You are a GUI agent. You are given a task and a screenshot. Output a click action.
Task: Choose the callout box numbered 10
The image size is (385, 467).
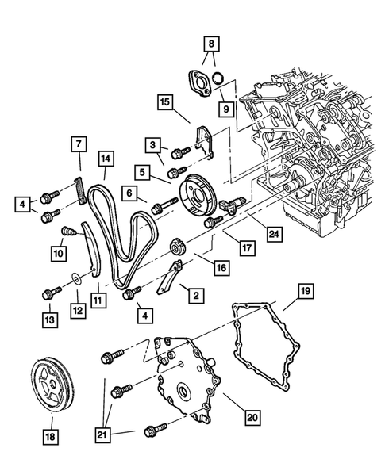pos(59,254)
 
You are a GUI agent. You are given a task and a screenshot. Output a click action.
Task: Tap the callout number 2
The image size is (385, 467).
pos(192,295)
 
